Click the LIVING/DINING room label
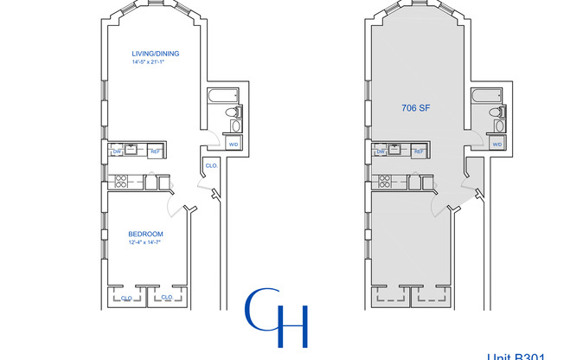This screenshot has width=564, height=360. [x=156, y=54]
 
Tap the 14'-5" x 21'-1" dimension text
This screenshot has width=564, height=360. [x=156, y=62]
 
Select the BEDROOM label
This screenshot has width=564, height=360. [x=145, y=234]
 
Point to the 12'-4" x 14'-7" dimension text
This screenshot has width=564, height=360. [x=145, y=242]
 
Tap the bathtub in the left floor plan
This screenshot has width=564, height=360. [x=227, y=96]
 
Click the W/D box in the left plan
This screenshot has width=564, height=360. [x=233, y=145]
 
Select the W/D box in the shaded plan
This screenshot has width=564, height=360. [x=497, y=145]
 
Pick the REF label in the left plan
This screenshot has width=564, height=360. [x=156, y=152]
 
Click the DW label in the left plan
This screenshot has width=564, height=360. [x=118, y=152]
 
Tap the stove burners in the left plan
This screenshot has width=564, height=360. [x=122, y=182]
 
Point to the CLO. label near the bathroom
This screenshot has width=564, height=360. [x=211, y=165]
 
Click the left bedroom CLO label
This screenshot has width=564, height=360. [x=126, y=297]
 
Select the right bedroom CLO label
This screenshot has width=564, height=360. [x=166, y=297]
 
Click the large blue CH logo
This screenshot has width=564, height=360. [x=276, y=318]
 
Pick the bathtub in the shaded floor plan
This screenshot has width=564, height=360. [x=490, y=96]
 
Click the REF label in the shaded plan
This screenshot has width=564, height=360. [x=419, y=152]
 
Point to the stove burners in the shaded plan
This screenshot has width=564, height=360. [x=386, y=182]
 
